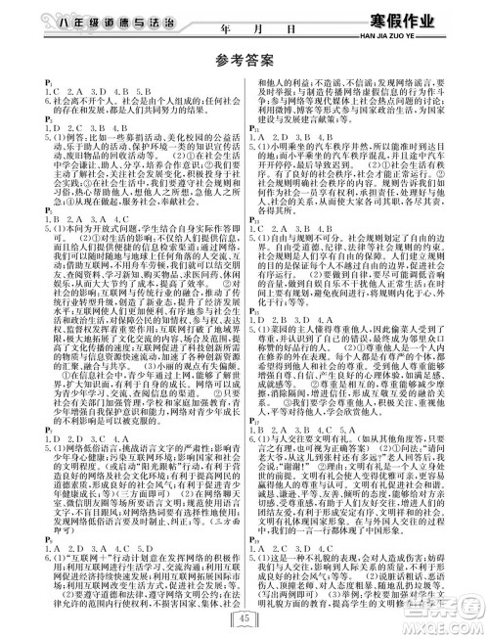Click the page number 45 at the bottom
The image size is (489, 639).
tap(244, 615)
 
